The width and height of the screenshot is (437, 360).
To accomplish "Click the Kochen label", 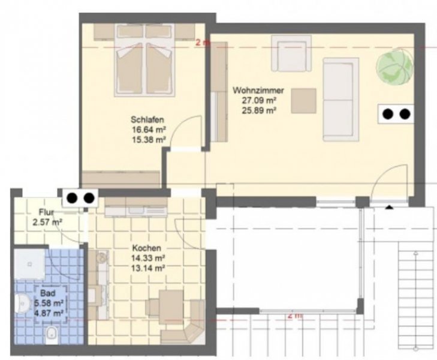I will pyautogui.click(x=147, y=248).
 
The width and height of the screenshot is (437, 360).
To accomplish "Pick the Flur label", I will pyautogui.click(x=47, y=212).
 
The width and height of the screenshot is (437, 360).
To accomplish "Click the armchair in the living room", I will pyautogui.click(x=290, y=53).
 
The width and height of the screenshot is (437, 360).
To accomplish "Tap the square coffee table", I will pyautogui.click(x=304, y=101).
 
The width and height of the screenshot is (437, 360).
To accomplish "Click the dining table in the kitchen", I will pyautogui.click(x=169, y=307).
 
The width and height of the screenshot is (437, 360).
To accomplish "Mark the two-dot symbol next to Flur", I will pyautogui.click(x=79, y=197).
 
